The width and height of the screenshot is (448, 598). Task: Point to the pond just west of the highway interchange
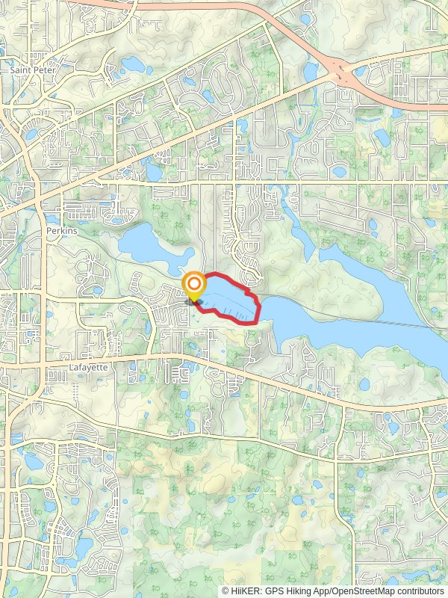tap(311, 72)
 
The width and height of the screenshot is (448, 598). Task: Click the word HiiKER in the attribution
tap(243, 591)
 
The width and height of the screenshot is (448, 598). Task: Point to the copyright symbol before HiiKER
tap(225, 591)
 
